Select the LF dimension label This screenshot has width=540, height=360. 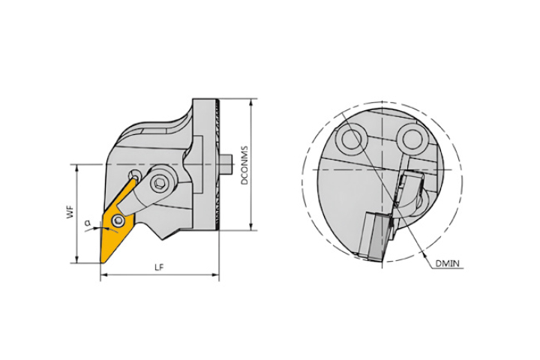159,267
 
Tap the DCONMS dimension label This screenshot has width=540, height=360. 244,165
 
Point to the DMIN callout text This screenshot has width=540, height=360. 448,263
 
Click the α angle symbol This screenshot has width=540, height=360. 88,223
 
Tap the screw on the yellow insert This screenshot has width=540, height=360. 118,220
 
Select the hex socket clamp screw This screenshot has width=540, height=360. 160,183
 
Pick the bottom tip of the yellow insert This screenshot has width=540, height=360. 100,263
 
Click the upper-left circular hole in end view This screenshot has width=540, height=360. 351,139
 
